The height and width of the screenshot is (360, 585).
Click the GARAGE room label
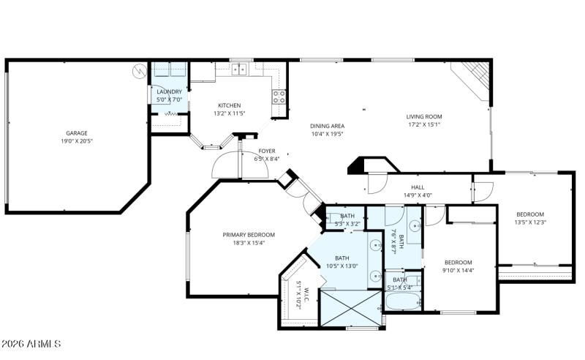tap(76, 133)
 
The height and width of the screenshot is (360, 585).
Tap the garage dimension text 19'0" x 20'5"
tap(76, 141)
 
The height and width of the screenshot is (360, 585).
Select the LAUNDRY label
tap(169, 91)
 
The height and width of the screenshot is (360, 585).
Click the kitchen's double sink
tap(241, 70)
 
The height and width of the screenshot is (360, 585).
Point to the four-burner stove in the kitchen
tap(279, 97)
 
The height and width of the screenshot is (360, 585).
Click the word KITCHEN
tap(229, 105)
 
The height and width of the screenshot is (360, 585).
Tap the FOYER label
tap(266, 151)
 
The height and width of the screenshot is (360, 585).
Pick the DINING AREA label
tap(327, 126)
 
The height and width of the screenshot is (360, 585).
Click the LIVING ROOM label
tap(424, 116)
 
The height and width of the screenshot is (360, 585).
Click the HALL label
tap(418, 187)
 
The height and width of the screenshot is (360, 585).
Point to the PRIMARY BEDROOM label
tap(249, 235)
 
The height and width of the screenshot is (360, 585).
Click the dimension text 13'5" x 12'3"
tap(531, 222)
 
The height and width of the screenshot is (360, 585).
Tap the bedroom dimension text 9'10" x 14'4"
tap(458, 271)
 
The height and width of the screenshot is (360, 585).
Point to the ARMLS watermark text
tap(31, 344)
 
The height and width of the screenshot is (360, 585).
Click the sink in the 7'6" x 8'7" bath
tap(412, 227)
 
